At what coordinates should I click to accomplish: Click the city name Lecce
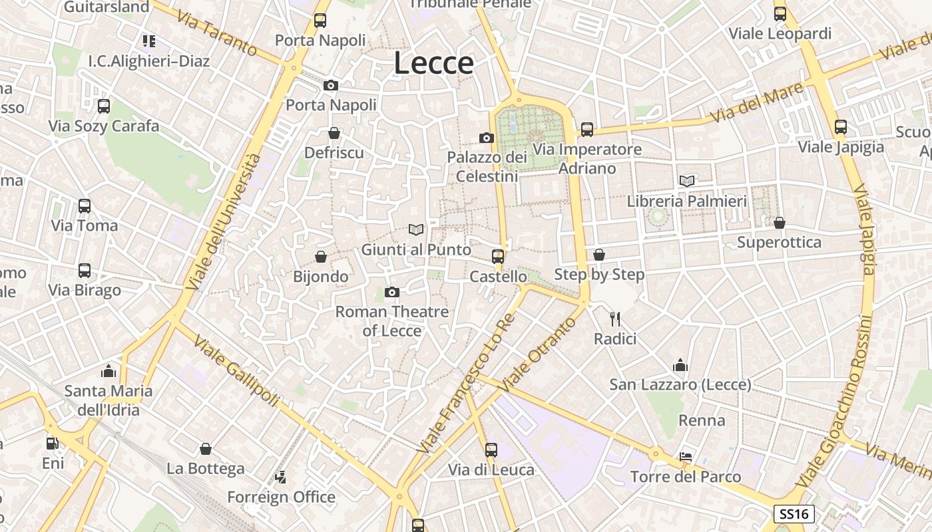click(x=433, y=63)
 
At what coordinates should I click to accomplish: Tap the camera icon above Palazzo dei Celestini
click(x=487, y=138)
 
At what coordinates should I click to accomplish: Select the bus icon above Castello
click(x=497, y=257)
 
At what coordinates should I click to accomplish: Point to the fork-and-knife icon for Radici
click(x=615, y=319)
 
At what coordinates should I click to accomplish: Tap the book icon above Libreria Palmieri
click(x=687, y=181)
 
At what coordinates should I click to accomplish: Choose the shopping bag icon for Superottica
click(x=779, y=222)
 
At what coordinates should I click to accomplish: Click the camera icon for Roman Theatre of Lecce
click(x=392, y=292)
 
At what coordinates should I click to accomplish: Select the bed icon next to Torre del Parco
click(x=686, y=457)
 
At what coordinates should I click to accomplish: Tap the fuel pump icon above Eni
click(x=53, y=443)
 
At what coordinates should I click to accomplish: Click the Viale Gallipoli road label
click(x=236, y=370)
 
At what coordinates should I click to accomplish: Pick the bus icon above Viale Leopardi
click(x=780, y=13)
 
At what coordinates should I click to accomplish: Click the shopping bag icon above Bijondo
click(x=321, y=257)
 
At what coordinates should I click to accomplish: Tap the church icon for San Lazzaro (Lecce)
click(x=680, y=365)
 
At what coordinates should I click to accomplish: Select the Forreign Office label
click(x=281, y=497)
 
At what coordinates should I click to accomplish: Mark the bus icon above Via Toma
click(x=85, y=206)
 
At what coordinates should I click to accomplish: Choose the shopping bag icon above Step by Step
click(x=599, y=255)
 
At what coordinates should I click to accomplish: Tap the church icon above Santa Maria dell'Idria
click(x=109, y=371)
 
